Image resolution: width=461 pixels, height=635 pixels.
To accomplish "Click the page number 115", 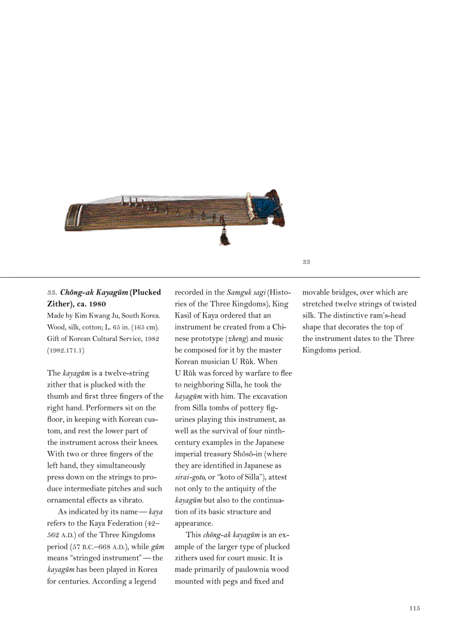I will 415,608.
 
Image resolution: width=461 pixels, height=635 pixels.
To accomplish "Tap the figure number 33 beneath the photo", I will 306,262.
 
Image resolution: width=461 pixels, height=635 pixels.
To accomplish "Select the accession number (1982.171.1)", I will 66,351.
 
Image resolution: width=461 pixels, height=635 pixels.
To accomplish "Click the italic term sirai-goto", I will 189,477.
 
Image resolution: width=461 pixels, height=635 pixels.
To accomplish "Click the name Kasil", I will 185,316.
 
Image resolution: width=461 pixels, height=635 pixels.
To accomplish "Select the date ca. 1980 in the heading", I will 86,304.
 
